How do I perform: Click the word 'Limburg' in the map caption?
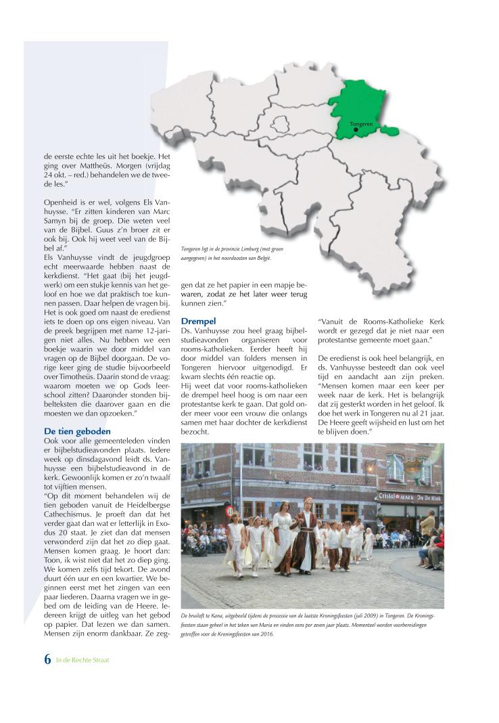pos(252,249)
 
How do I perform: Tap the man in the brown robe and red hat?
pos(309,529)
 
